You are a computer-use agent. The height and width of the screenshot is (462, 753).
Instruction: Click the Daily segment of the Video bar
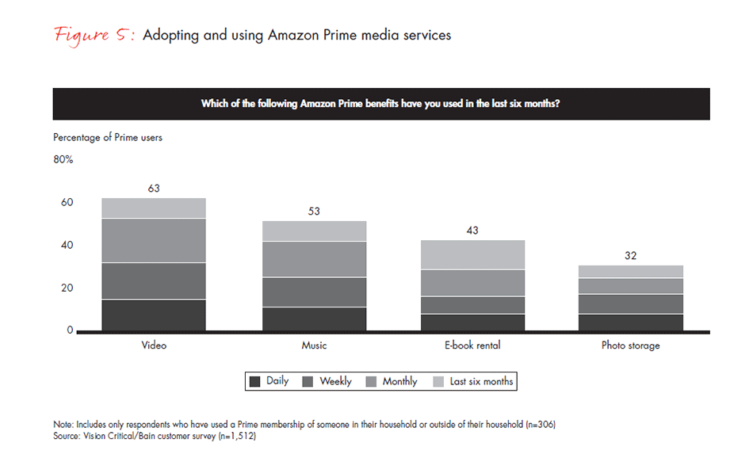pyautogui.click(x=154, y=315)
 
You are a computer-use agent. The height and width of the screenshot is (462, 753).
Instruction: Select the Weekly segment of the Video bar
pyautogui.click(x=154, y=281)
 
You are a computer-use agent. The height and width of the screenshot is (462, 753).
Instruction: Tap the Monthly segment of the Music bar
pyautogui.click(x=315, y=259)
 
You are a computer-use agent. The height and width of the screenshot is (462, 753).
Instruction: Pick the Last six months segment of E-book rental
pyautogui.click(x=473, y=254)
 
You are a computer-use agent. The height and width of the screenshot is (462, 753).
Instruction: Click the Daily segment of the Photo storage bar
pyautogui.click(x=631, y=322)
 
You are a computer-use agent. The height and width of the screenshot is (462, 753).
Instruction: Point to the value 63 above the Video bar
pyautogui.click(x=154, y=189)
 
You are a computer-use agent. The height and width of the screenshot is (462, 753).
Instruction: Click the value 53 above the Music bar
pyautogui.click(x=315, y=212)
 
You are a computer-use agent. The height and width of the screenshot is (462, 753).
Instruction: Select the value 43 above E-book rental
pyautogui.click(x=473, y=231)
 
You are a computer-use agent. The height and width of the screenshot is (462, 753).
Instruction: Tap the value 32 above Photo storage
pyautogui.click(x=631, y=256)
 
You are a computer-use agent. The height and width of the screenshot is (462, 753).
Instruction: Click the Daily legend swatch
pyautogui.click(x=255, y=381)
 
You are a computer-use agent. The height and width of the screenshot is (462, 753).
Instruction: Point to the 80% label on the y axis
pyautogui.click(x=63, y=159)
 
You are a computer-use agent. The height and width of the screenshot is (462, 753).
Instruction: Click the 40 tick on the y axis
pyautogui.click(x=67, y=245)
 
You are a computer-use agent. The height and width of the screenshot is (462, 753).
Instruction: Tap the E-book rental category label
pyautogui.click(x=473, y=346)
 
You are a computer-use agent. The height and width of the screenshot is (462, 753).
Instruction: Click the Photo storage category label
pyautogui.click(x=631, y=346)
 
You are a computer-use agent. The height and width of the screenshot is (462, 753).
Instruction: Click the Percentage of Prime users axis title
pyautogui.click(x=108, y=137)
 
